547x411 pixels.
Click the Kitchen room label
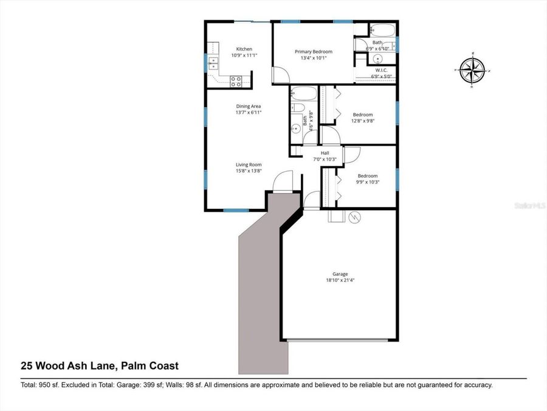pyautogui.click(x=244, y=49)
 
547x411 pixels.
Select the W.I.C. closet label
pyautogui.click(x=381, y=70)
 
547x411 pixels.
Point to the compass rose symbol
pyautogui.click(x=472, y=69)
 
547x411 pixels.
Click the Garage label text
pyautogui.click(x=340, y=274)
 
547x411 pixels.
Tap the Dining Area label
pyautogui.click(x=248, y=106)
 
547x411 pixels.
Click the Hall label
pyautogui.click(x=325, y=153)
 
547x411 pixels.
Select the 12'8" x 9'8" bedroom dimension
pyautogui.click(x=363, y=121)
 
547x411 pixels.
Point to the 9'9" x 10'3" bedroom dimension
pyautogui.click(x=367, y=182)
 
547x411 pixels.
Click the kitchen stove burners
pyautogui.click(x=237, y=79)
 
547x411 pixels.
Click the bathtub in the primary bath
pyautogui.click(x=382, y=30)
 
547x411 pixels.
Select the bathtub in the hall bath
pyautogui.click(x=303, y=93)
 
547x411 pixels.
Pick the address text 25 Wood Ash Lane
pyautogui.click(x=100, y=366)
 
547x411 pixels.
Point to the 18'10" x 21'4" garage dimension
pyautogui.click(x=340, y=281)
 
